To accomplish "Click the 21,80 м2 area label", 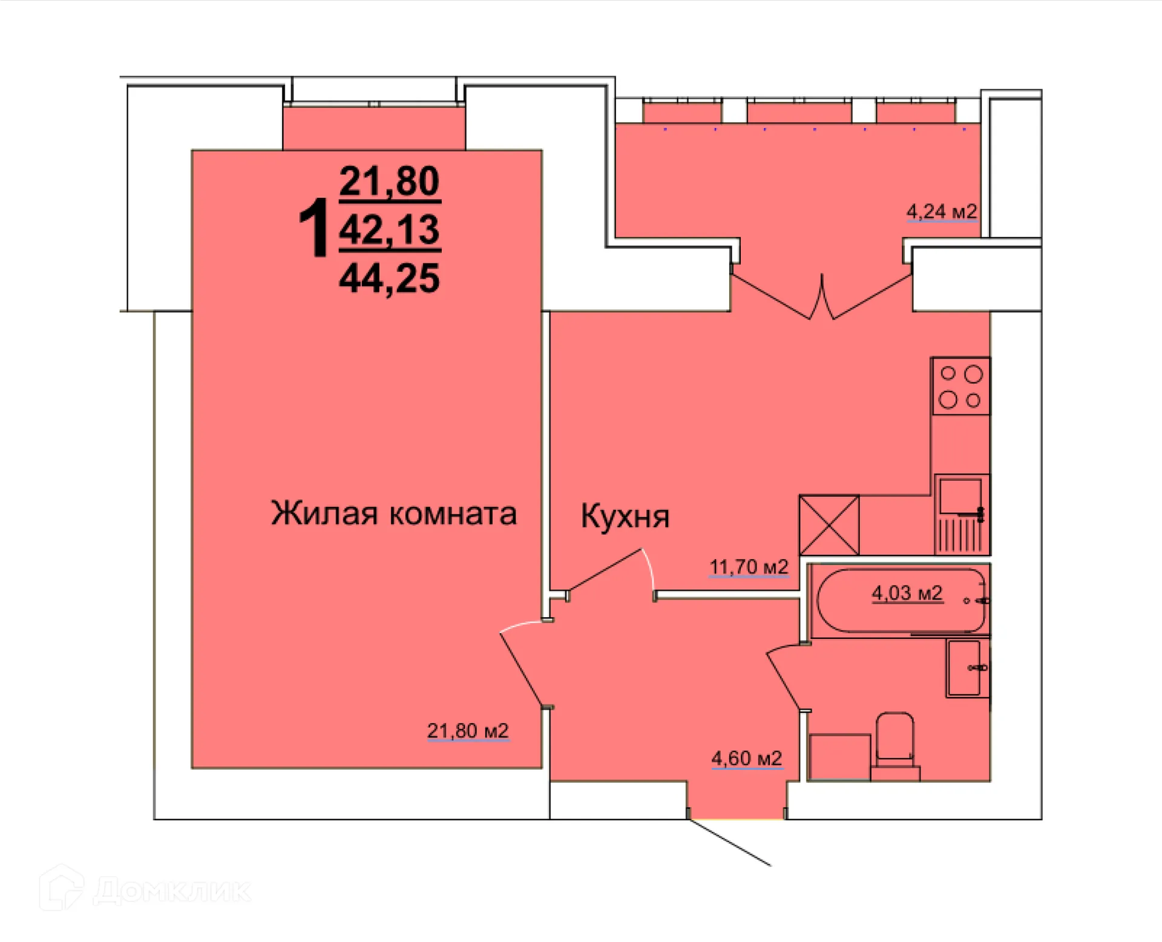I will [x=467, y=731].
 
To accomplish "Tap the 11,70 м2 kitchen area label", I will [x=748, y=567].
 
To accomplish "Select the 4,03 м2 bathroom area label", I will [x=906, y=593].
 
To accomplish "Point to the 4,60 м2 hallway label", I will [x=746, y=758].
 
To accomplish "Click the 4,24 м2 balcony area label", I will [x=941, y=212].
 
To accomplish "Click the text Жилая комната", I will [x=393, y=514].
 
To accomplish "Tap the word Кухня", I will [x=625, y=516].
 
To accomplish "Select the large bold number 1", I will [x=314, y=229].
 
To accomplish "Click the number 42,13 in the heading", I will [x=389, y=230].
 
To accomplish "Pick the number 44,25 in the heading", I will [x=389, y=279].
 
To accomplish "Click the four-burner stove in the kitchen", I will [x=960, y=387].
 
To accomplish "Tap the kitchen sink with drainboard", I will [x=961, y=514].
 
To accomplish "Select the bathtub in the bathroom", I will [x=900, y=601].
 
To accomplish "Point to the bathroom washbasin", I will [x=965, y=668].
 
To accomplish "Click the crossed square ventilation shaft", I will [x=829, y=525].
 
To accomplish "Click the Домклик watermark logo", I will [x=145, y=890].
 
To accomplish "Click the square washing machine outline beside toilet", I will [x=839, y=757].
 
